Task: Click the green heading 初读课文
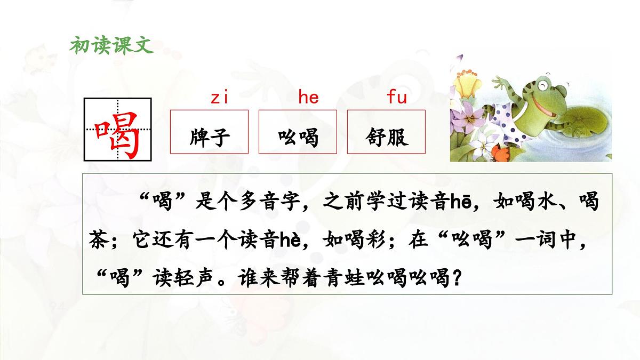point(111,45)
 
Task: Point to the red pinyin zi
point(219,98)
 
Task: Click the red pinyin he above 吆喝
point(308,98)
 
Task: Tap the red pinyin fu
point(396,98)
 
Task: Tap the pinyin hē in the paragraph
point(459,202)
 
